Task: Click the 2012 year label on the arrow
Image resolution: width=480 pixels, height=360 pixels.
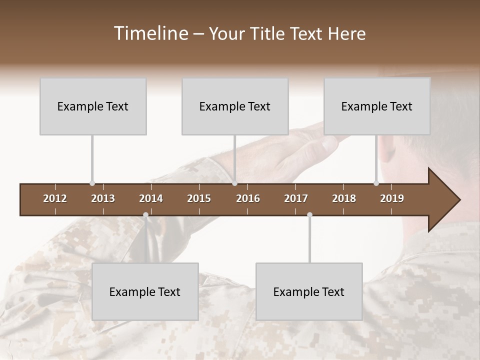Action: pyautogui.click(x=55, y=198)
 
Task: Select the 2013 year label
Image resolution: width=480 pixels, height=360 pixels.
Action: pyautogui.click(x=103, y=198)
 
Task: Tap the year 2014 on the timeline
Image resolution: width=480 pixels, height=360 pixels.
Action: pyautogui.click(x=151, y=198)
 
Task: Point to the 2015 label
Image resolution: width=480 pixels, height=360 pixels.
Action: pyautogui.click(x=199, y=198)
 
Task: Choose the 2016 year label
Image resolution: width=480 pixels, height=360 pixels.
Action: pyautogui.click(x=248, y=198)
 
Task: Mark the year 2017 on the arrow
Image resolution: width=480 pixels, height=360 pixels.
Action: pyautogui.click(x=296, y=198)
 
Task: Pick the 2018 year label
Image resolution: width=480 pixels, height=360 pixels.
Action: pyautogui.click(x=344, y=198)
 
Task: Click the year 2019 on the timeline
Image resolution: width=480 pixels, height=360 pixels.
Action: pyautogui.click(x=392, y=198)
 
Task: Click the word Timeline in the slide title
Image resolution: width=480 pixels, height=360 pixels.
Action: pyautogui.click(x=150, y=33)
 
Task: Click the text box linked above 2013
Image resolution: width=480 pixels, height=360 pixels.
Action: pyautogui.click(x=93, y=106)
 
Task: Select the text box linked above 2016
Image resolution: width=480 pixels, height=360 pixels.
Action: pyautogui.click(x=235, y=106)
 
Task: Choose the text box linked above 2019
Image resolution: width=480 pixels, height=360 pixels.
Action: pyautogui.click(x=377, y=106)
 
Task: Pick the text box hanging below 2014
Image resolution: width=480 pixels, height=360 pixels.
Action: pyautogui.click(x=145, y=291)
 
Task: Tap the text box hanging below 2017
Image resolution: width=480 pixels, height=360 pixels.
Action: pyautogui.click(x=309, y=291)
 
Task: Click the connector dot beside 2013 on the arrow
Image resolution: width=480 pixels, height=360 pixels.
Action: pyautogui.click(x=92, y=183)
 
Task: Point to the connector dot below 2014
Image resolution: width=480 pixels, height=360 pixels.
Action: pyautogui.click(x=145, y=215)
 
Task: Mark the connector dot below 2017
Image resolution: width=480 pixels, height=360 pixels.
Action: pyautogui.click(x=309, y=215)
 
